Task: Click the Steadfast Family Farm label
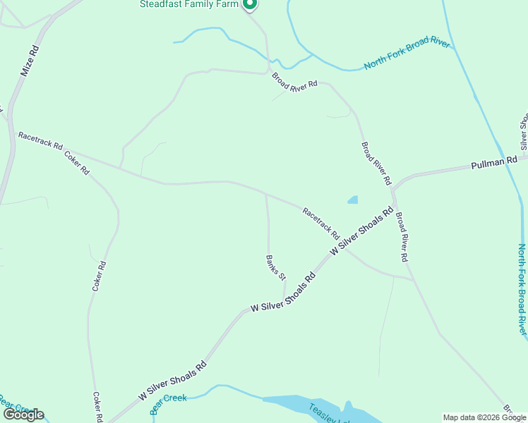(190, 4)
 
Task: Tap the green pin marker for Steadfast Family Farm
(249, 5)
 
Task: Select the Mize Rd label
(28, 61)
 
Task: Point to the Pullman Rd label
(494, 164)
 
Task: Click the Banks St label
(276, 266)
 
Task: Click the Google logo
(23, 415)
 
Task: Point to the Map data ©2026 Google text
(484, 417)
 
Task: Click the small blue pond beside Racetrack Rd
(353, 200)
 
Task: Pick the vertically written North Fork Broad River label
(522, 289)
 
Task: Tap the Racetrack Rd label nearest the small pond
(321, 221)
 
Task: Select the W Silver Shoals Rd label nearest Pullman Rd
(361, 231)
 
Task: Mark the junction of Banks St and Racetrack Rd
(265, 193)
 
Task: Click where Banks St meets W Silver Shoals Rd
(284, 299)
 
